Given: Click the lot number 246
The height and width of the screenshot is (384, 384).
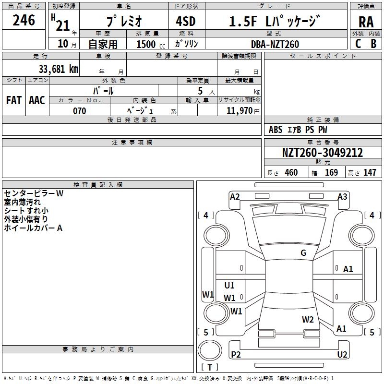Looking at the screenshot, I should (x=24, y=20).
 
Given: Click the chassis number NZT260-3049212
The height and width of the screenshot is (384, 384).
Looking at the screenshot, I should (x=323, y=153).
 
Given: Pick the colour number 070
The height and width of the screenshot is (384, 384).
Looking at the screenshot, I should (x=79, y=111).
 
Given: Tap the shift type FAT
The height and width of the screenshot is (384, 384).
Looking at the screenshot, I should (x=14, y=100).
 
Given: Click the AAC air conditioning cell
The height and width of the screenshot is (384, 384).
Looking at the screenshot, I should (x=37, y=100).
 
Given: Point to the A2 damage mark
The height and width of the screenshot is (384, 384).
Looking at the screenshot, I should (x=235, y=196).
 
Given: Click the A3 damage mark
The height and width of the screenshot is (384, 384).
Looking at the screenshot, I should (x=342, y=196).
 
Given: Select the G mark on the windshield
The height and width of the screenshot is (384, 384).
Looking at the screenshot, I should (x=303, y=253).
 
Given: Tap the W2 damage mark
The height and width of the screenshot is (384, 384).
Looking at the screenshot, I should (x=308, y=319).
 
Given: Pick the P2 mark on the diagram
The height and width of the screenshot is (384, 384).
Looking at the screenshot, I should (x=236, y=354).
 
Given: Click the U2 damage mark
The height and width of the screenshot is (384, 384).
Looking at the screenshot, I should (x=342, y=354).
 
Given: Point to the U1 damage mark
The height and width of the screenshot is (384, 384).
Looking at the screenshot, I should (x=229, y=286).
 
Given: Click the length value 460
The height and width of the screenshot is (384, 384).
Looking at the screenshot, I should (x=291, y=173).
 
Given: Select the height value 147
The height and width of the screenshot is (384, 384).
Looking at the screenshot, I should (x=370, y=173).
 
